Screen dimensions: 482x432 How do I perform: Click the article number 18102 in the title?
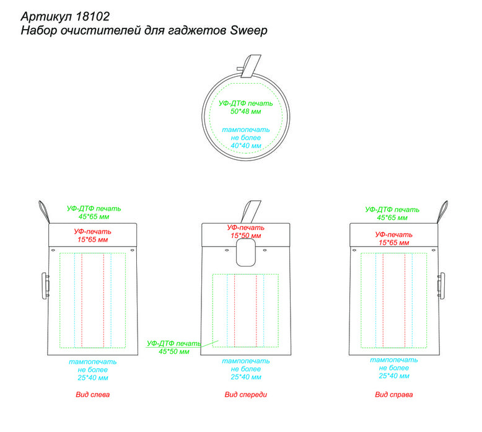click(x=92, y=16)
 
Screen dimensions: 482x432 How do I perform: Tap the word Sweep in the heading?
click(x=248, y=30)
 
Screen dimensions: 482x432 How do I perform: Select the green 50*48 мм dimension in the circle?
click(x=245, y=112)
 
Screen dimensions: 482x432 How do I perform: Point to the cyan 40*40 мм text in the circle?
click(x=246, y=146)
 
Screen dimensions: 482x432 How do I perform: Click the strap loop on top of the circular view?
click(x=251, y=66)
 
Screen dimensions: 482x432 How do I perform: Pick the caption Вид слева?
click(x=92, y=394)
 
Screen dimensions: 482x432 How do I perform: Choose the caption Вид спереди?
click(x=245, y=394)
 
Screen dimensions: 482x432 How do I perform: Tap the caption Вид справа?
click(x=394, y=394)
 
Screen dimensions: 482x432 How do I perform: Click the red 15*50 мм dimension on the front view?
click(x=245, y=236)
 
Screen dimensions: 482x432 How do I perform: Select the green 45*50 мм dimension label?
click(x=173, y=351)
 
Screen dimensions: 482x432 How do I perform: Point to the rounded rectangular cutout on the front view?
click(x=245, y=252)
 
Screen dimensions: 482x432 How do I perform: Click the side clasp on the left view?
click(x=45, y=286)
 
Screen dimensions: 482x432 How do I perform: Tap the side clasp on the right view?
click(x=441, y=286)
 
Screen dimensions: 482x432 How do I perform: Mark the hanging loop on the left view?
click(x=44, y=211)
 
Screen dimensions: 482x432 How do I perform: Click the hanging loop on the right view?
click(x=442, y=211)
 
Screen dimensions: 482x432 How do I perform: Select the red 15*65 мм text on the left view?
click(x=92, y=239)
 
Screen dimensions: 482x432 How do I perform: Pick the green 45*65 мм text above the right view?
click(x=392, y=218)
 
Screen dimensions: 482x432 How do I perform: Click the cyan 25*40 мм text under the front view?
click(x=246, y=377)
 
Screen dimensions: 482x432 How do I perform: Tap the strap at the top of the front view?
click(x=251, y=212)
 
